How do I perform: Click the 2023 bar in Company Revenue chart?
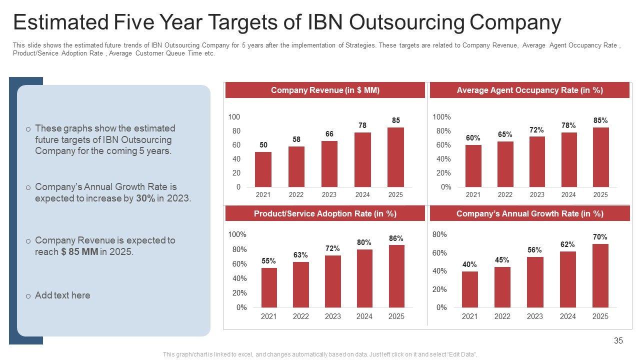point(329,164)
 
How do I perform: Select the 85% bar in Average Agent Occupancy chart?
point(600,157)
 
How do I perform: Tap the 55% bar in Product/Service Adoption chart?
point(269,287)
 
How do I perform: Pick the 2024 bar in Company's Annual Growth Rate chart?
point(568,279)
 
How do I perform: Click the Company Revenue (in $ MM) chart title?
point(325,90)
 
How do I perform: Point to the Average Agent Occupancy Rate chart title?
point(529,90)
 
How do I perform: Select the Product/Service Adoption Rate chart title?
point(325,213)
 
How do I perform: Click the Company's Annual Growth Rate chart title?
point(529,213)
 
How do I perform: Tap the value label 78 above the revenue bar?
point(362,126)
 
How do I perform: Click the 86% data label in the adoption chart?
point(396,238)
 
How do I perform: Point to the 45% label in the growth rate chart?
point(502,260)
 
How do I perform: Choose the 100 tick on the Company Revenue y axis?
point(234,117)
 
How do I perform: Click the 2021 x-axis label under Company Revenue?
point(263,194)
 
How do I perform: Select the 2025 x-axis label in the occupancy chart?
point(600,194)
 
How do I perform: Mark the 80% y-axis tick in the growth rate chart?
point(439,234)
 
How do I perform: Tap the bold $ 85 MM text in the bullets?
point(80,252)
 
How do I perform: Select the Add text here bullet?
point(62,295)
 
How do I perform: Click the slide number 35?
point(618,340)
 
